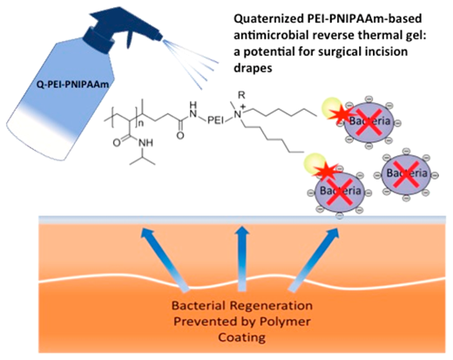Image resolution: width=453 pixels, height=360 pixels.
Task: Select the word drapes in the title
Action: pos(253,68)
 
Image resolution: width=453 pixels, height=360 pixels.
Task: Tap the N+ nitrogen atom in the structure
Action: pos(239,113)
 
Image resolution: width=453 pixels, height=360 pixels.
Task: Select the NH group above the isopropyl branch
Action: pos(146,143)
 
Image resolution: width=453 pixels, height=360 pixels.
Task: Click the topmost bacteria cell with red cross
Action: pos(369,122)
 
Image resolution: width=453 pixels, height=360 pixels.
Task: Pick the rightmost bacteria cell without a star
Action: pos(406,174)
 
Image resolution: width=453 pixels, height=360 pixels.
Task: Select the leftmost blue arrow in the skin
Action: pos(164,259)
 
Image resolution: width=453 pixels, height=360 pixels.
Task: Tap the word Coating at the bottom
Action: pos(241,337)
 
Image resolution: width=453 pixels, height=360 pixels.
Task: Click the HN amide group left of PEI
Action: pos(195,108)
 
